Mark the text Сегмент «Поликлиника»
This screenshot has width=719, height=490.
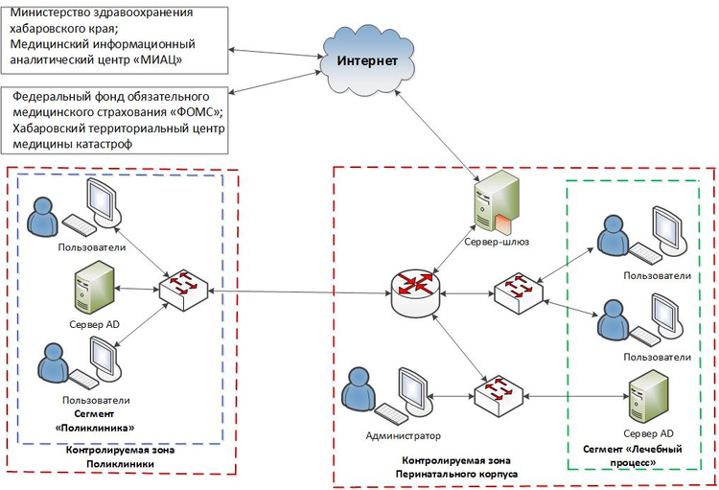pyautogui.click(x=94, y=420)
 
